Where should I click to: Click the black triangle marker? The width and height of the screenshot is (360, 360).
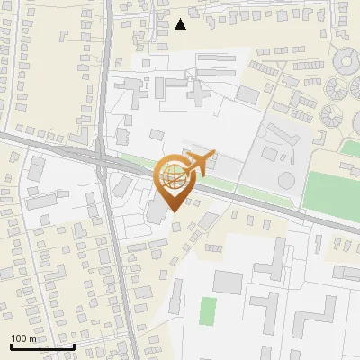point(181,24)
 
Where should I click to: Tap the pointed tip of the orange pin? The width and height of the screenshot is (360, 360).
point(172,211)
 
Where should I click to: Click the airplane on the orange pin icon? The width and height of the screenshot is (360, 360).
point(200,163)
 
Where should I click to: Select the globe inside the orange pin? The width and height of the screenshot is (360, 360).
point(172,178)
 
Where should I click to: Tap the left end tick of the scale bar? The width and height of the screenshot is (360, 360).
point(10,346)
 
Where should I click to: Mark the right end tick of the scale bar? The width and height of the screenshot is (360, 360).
point(74,346)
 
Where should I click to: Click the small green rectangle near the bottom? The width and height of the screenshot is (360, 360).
point(208,311)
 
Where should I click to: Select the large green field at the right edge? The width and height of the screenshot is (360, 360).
point(333,190)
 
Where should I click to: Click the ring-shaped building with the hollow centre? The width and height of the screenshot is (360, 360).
point(346,60)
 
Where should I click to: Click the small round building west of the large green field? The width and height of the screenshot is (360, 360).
point(286,179)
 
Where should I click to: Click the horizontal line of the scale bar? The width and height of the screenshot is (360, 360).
point(41,346)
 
